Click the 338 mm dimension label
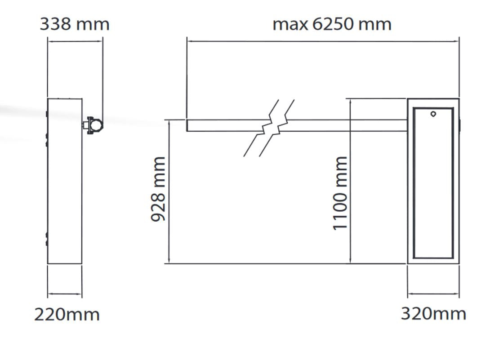pos(75,24)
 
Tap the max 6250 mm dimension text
pos(332,24)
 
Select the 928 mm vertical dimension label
pos(158,189)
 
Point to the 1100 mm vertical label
pos(339,193)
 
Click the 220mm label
pos(67,315)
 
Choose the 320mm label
pos(433,314)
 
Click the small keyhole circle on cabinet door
pos(433,114)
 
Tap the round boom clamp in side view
pos(95,125)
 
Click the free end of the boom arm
pos(187,125)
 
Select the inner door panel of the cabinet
pos(414,183)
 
